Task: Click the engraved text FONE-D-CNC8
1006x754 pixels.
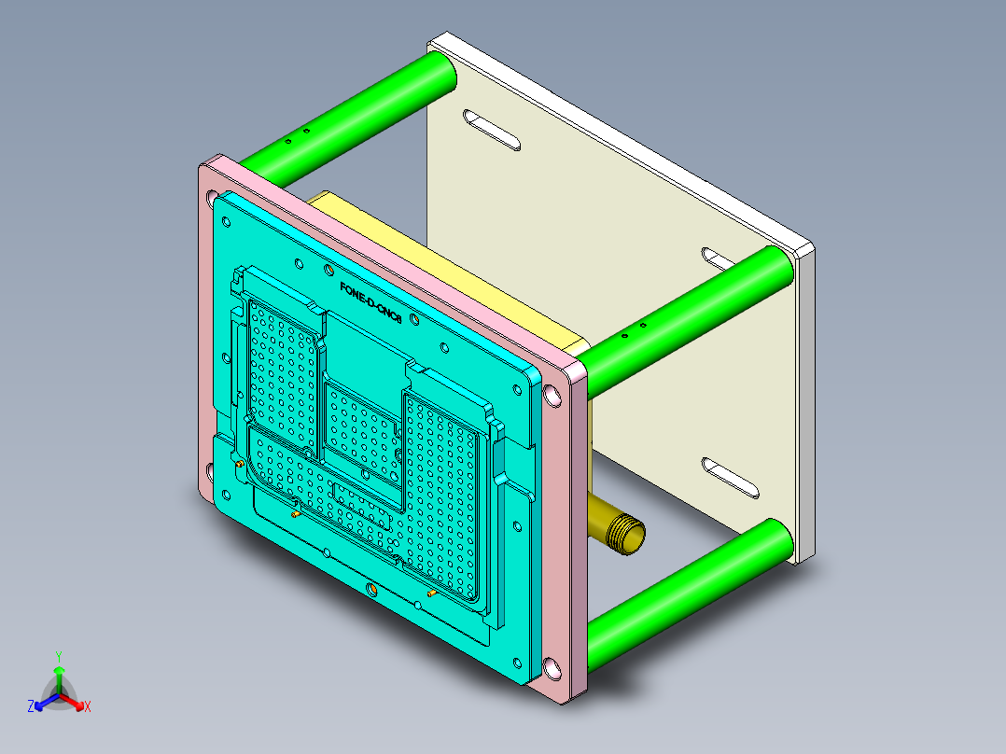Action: click(x=370, y=303)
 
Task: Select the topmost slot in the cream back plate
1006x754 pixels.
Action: click(x=491, y=131)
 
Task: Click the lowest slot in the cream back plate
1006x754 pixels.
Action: click(x=732, y=476)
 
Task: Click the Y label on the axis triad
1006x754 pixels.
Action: click(x=59, y=656)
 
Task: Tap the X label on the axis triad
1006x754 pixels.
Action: click(x=88, y=706)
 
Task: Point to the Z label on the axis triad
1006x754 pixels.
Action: click(x=30, y=706)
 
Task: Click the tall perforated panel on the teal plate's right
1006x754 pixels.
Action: click(x=443, y=485)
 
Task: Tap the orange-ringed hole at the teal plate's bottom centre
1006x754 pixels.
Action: click(x=371, y=590)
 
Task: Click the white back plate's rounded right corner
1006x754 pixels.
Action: click(x=805, y=252)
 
